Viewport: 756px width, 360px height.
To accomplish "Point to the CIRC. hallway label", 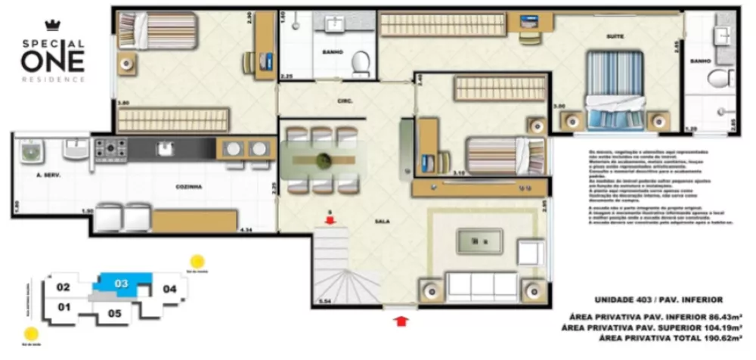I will [346, 100].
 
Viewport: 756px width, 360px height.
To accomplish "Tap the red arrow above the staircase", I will [330, 219].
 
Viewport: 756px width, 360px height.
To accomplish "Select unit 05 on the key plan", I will [115, 312].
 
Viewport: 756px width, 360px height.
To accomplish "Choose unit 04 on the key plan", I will [170, 289].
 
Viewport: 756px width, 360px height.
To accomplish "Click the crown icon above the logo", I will [52, 24].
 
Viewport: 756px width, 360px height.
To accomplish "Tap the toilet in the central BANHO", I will [361, 61].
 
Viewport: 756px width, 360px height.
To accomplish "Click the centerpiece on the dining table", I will [324, 161].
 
